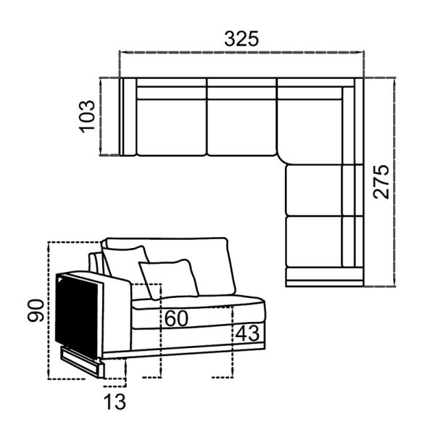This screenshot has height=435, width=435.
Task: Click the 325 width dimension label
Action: click(x=241, y=38)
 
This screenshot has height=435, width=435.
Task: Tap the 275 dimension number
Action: click(x=381, y=182)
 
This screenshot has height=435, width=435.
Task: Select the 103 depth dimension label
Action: click(x=87, y=116)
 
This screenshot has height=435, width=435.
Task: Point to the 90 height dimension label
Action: click(x=36, y=310)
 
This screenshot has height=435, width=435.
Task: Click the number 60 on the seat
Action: click(x=176, y=319)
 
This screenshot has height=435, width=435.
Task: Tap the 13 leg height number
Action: click(x=115, y=402)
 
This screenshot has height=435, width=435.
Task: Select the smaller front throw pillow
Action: click(x=169, y=279)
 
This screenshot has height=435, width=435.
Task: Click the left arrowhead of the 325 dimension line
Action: click(x=121, y=52)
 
